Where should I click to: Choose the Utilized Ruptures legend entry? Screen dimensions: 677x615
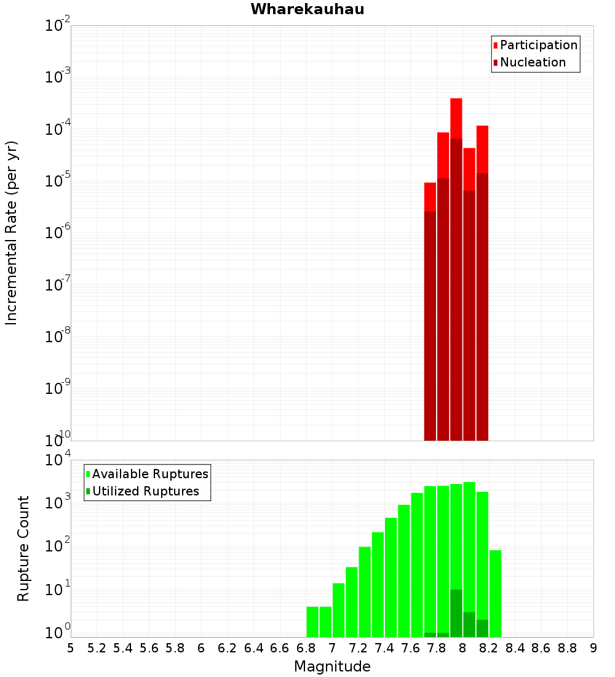point(145,491)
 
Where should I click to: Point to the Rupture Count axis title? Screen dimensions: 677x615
point(23,548)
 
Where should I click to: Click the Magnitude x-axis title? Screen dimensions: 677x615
point(332,667)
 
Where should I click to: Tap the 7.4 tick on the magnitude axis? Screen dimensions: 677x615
point(384,648)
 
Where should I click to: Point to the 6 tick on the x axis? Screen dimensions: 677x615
point(201,648)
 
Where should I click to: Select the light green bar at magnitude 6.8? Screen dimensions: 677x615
point(312,622)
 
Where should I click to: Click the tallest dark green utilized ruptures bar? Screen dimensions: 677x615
point(456,613)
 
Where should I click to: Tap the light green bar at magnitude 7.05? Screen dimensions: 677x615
point(338,610)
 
